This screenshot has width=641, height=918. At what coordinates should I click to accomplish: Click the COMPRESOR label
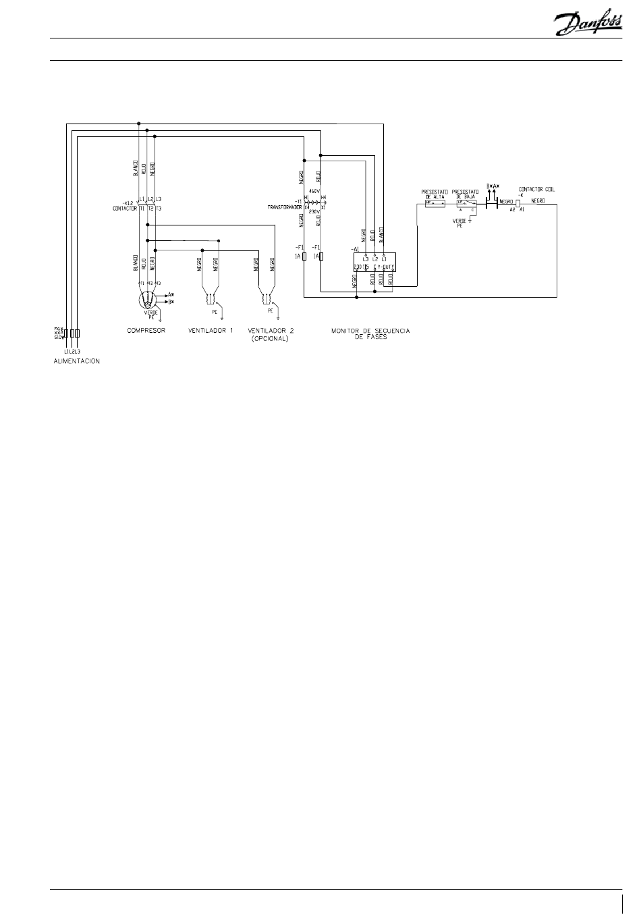146,331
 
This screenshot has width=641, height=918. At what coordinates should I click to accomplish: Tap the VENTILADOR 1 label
211,331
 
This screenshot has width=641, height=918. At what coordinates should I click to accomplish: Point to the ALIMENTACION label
77,361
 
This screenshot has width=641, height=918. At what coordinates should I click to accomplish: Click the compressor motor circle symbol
147,298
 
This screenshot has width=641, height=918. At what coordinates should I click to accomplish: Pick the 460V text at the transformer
313,192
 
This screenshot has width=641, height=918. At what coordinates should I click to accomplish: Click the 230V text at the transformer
313,211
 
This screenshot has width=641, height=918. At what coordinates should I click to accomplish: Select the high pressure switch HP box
434,202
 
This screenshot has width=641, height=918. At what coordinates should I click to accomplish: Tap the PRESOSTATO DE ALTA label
434,193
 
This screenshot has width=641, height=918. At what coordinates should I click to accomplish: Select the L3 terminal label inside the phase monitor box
365,259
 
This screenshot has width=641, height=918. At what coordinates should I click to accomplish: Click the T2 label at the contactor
150,209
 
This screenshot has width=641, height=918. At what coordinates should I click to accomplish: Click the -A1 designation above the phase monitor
355,249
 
